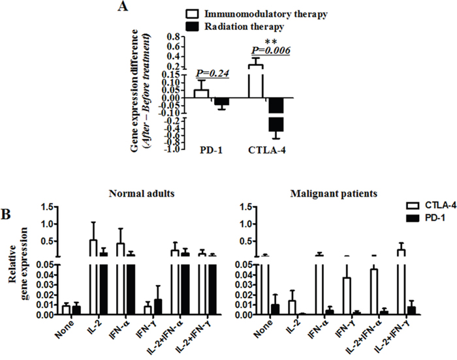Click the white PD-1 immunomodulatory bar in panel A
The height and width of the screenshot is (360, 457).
(202, 93)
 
